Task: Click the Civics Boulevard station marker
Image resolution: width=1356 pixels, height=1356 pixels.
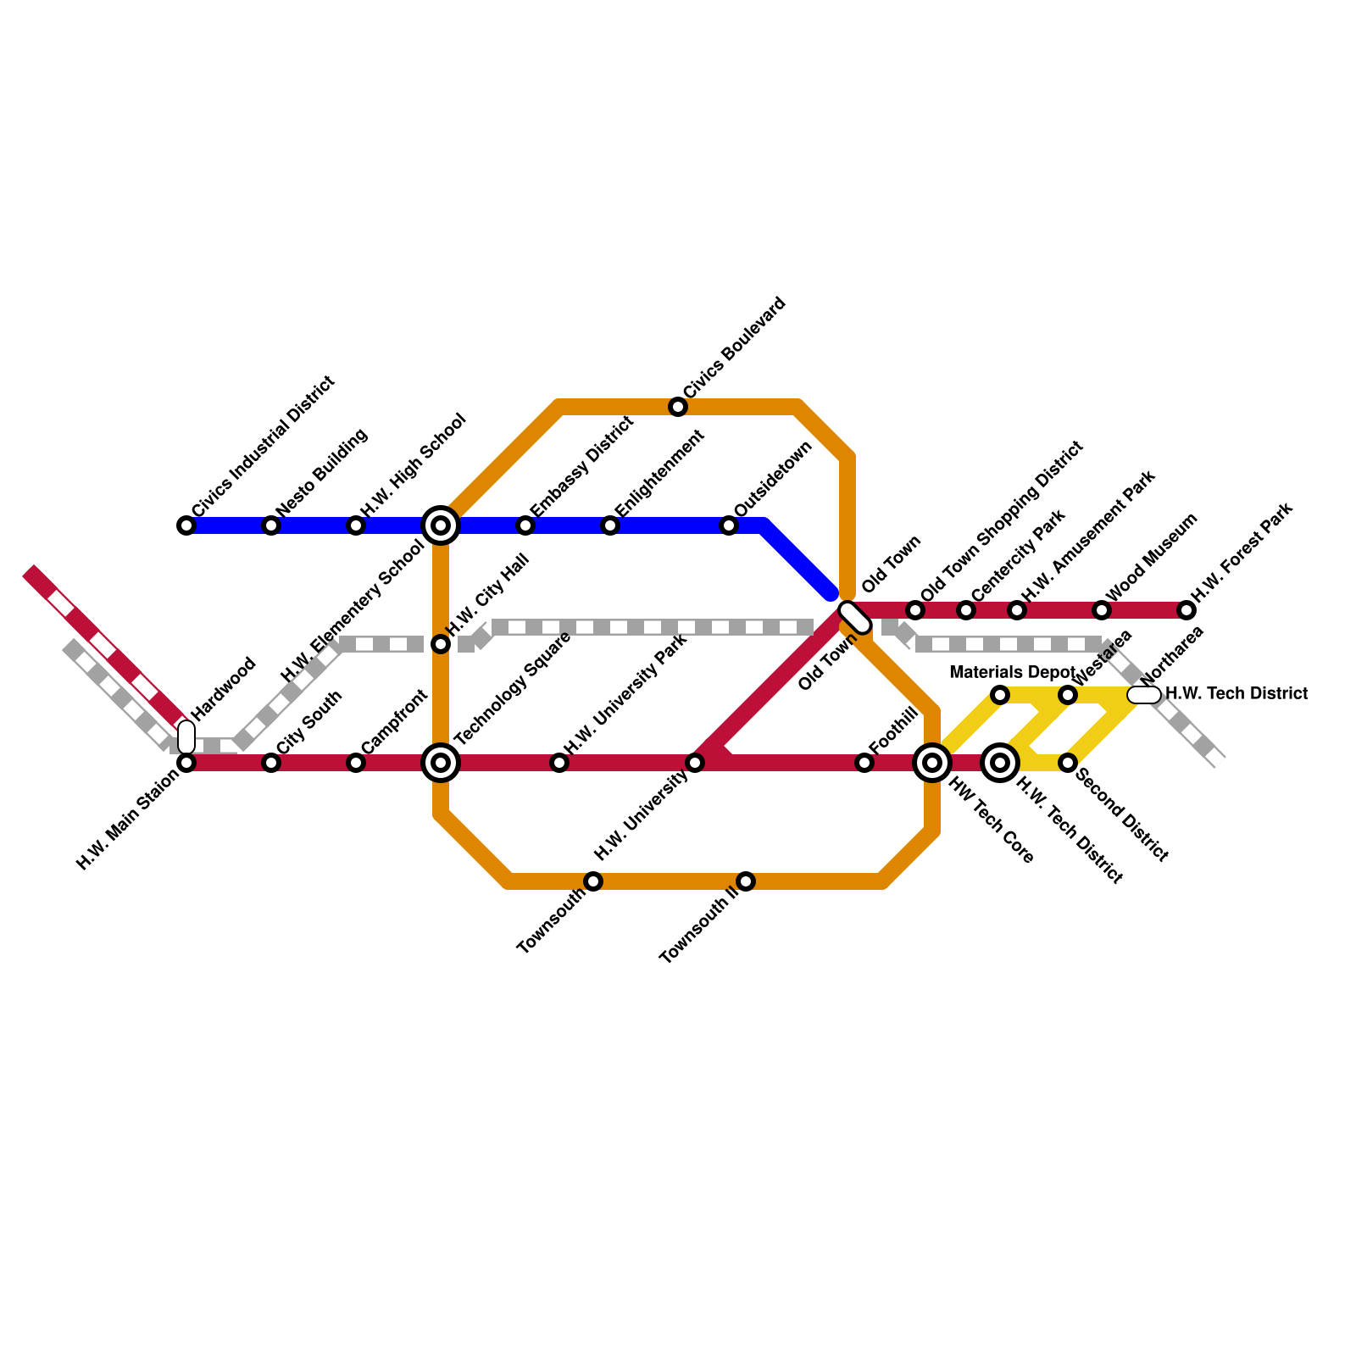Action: click(678, 407)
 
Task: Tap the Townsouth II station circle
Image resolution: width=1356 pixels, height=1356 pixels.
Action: click(746, 881)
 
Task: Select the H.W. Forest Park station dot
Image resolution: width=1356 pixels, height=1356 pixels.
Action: click(1186, 610)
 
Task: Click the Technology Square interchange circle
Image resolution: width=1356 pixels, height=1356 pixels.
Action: click(441, 763)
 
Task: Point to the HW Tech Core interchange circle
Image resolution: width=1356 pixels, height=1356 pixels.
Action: click(932, 763)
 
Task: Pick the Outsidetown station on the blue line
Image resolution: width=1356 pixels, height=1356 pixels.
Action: click(729, 525)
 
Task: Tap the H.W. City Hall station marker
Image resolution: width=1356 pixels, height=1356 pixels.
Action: click(441, 644)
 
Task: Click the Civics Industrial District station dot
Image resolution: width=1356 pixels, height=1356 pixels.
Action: click(186, 525)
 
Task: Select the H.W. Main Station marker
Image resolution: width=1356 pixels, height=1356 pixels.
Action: click(186, 763)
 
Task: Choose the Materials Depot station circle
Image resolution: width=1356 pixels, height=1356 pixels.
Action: click(1000, 695)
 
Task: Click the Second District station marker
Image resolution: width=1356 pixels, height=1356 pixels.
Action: click(1068, 763)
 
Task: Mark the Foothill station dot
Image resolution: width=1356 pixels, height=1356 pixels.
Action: click(864, 763)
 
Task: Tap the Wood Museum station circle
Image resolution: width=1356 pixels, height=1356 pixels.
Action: click(1102, 610)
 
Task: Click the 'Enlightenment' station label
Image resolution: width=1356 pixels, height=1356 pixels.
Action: click(660, 473)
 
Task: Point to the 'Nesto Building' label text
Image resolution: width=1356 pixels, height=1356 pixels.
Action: click(322, 471)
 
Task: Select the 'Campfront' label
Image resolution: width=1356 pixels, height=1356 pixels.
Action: click(394, 721)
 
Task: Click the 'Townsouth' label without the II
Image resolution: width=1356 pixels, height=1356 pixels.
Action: click(551, 921)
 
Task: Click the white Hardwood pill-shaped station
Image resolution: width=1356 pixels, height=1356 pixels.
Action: click(186, 736)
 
